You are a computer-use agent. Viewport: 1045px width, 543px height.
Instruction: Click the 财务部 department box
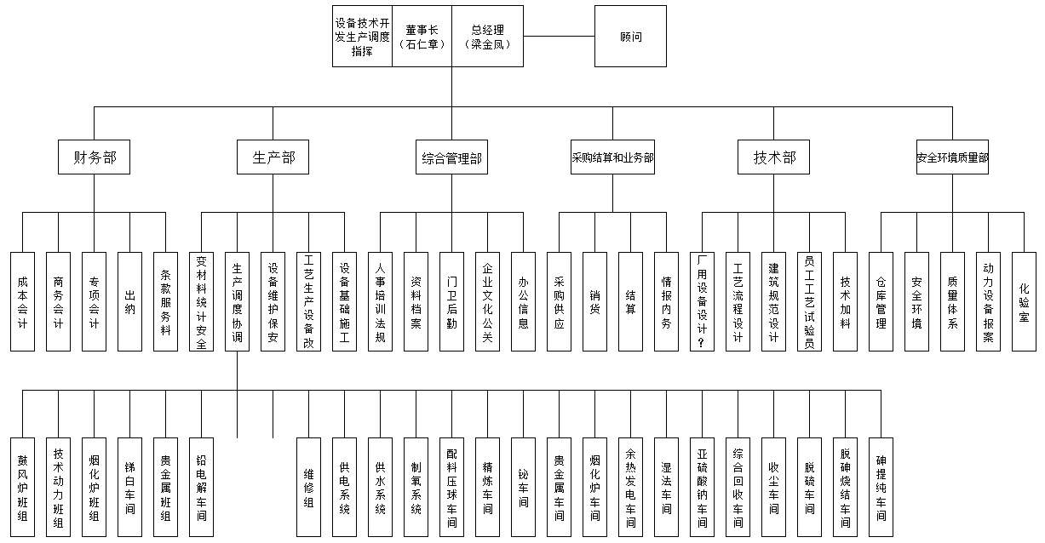[95, 157]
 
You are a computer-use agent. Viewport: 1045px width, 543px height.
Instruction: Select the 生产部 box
[273, 157]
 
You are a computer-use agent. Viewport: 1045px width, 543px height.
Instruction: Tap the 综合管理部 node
[451, 157]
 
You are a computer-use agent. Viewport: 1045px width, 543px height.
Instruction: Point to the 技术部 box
[773, 157]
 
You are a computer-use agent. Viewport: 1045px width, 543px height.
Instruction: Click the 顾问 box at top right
[630, 37]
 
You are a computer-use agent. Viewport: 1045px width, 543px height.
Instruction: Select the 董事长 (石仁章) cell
[422, 37]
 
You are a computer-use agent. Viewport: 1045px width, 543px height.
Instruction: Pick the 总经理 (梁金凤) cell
[487, 37]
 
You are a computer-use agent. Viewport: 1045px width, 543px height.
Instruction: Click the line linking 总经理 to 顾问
[559, 37]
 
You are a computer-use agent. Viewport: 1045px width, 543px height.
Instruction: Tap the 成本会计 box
[23, 301]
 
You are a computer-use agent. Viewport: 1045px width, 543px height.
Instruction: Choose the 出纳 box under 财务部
[130, 301]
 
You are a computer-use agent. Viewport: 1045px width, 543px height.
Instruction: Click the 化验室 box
[1025, 301]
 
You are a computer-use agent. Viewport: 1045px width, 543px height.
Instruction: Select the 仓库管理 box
[881, 301]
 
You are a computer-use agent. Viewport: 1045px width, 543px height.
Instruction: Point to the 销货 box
[594, 301]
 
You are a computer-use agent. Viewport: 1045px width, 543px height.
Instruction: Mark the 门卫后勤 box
[451, 301]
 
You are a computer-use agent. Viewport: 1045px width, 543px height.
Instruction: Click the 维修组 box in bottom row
[308, 487]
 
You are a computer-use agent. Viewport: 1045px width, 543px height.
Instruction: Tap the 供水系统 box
[380, 487]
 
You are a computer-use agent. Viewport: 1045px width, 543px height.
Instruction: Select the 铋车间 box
[523, 487]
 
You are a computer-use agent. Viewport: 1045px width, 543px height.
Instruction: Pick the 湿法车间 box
[666, 487]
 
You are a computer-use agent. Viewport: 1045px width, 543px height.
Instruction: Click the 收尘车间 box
[773, 487]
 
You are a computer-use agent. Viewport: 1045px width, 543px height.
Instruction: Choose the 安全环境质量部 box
[952, 157]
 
